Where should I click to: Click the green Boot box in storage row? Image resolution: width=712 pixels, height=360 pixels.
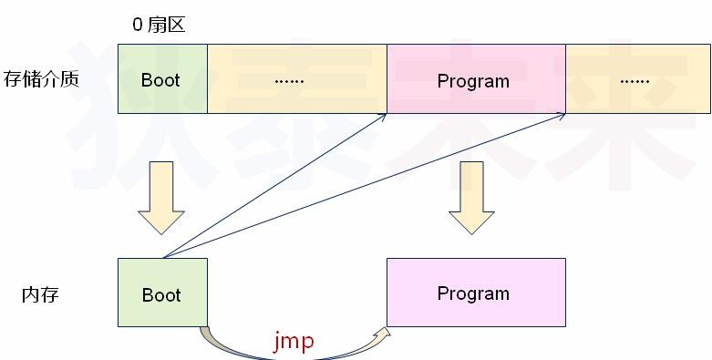(x=162, y=78)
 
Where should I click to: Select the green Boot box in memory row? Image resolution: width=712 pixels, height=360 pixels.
(x=162, y=293)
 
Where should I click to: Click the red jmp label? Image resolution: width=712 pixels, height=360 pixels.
(x=294, y=342)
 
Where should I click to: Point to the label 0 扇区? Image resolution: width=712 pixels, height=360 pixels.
(x=159, y=25)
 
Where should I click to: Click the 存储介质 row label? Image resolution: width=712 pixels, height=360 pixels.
(x=41, y=79)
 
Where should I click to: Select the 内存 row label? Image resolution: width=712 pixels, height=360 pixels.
(x=40, y=294)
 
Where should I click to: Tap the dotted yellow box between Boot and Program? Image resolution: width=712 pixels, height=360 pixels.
(x=297, y=78)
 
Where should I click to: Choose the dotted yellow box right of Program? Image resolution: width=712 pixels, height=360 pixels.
(x=636, y=78)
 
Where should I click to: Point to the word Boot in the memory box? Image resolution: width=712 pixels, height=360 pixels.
(x=162, y=295)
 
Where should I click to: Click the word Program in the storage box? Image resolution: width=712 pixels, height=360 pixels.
(x=473, y=81)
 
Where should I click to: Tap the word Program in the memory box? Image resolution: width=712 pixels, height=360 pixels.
(x=473, y=293)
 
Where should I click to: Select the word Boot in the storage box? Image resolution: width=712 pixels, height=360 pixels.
(x=160, y=80)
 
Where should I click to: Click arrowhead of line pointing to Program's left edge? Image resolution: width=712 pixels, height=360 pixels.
(x=382, y=117)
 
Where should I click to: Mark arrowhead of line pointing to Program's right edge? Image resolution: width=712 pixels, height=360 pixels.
(x=561, y=116)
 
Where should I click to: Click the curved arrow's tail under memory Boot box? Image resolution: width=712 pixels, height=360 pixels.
(x=206, y=332)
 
